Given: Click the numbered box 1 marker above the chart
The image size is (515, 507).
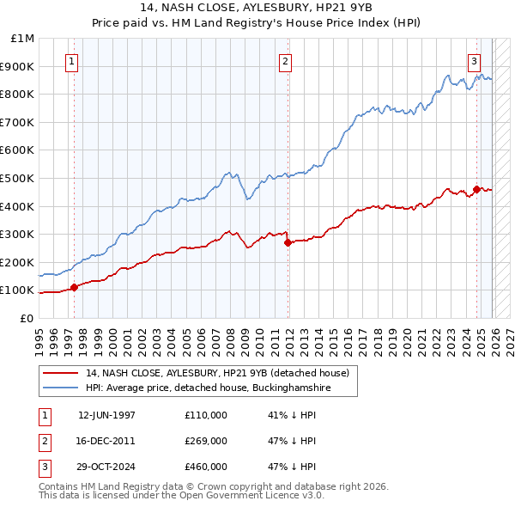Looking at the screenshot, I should [x=70, y=61].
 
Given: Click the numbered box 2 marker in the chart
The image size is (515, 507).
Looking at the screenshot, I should [x=285, y=61].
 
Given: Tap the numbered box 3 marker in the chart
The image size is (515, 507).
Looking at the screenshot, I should [x=475, y=61].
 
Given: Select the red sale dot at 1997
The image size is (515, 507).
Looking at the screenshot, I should [x=75, y=287].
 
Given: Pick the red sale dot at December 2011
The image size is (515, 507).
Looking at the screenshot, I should [x=288, y=242].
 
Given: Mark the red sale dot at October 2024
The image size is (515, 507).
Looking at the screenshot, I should [x=477, y=189].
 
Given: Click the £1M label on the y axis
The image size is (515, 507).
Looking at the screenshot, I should [x=23, y=39].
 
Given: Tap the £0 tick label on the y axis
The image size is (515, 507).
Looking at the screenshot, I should [x=27, y=318].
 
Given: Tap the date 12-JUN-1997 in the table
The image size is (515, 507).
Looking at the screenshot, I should [x=106, y=415].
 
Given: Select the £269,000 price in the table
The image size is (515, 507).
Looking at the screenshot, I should [x=205, y=441].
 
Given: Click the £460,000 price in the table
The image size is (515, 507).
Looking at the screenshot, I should [x=205, y=467].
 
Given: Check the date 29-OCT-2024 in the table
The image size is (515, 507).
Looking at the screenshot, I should [x=106, y=467].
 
